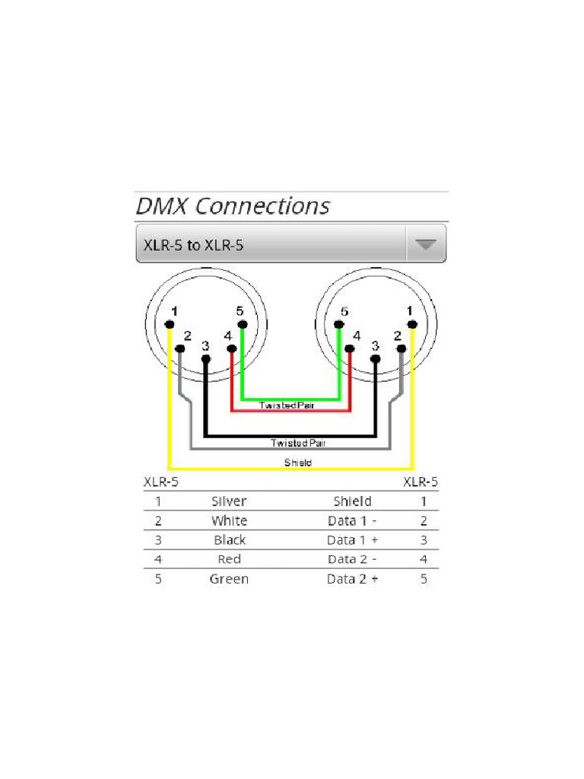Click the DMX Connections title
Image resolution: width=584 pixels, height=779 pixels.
point(233,206)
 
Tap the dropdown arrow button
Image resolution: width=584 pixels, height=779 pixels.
point(425,244)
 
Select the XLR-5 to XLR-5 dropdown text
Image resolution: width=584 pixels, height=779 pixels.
point(193,245)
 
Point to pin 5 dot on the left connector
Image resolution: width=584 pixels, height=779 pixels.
point(242,325)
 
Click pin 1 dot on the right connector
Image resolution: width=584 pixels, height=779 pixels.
point(411,325)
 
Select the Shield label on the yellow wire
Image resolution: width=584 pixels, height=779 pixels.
point(297,463)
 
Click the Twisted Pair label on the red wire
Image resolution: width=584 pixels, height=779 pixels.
point(287,405)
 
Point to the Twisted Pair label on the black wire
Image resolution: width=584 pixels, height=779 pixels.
point(300,443)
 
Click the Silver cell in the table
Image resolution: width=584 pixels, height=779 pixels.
point(229,501)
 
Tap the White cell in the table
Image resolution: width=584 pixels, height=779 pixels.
point(229,521)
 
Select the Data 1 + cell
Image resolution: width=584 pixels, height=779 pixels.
point(352,540)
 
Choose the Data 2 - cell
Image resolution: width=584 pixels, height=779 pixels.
point(352,560)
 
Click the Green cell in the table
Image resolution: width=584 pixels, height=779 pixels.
point(229,579)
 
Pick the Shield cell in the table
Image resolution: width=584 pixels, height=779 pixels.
point(352,501)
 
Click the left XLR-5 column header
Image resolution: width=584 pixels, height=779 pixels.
point(161,482)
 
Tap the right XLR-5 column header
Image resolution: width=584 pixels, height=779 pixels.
point(421,482)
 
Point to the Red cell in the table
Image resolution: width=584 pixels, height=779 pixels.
point(229,560)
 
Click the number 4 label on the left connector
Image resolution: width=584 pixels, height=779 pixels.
point(228,335)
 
